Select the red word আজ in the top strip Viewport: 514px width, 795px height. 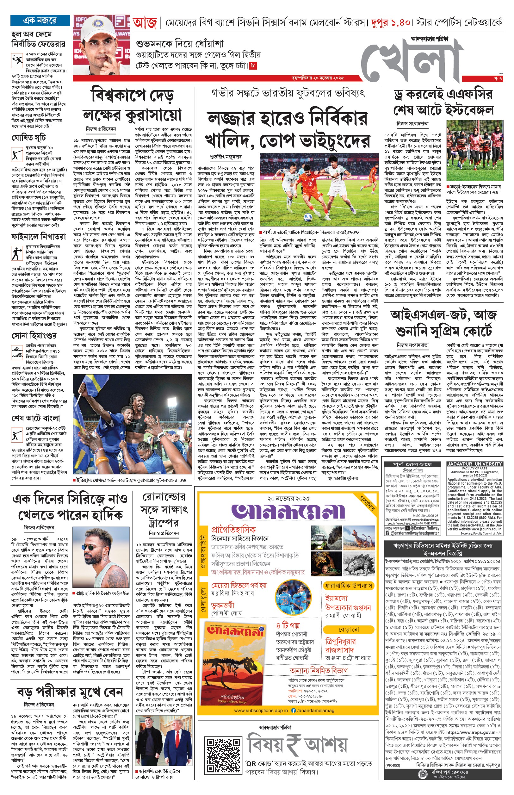click(145, 23)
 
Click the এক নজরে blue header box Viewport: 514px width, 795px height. click(40, 20)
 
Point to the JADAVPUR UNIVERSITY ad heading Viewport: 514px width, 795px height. click(474, 464)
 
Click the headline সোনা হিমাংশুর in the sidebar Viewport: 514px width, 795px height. click(34, 335)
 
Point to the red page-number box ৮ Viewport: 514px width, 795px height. click(253, 66)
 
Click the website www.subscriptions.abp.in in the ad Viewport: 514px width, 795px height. click(261, 710)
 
